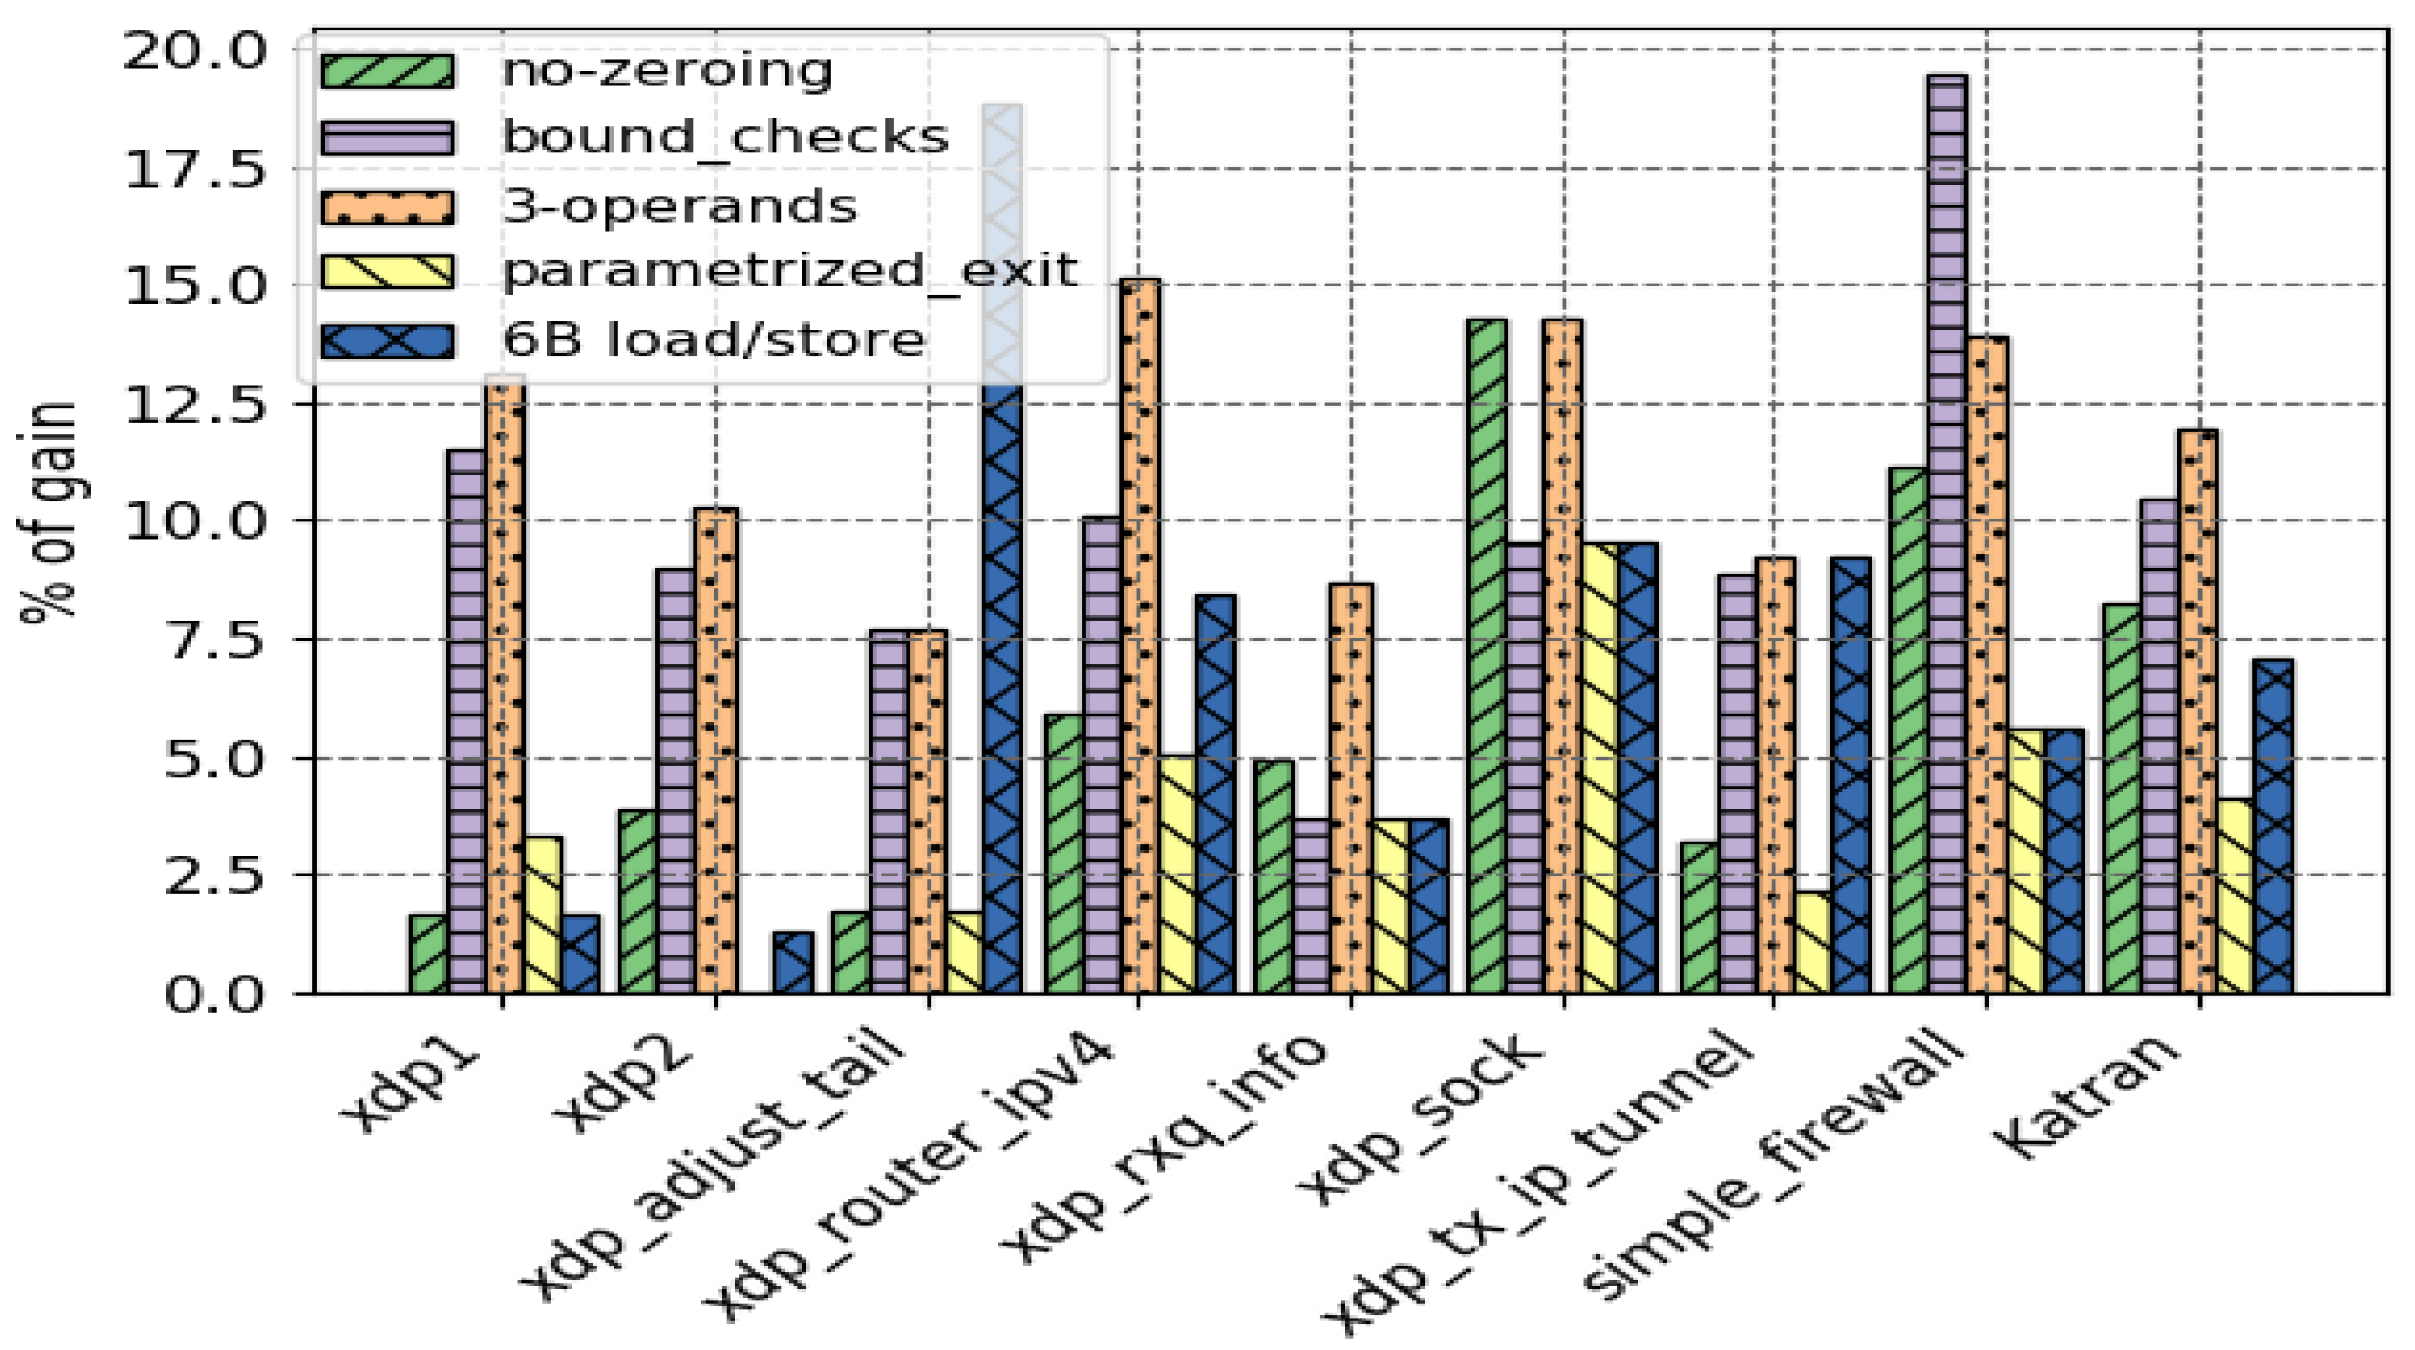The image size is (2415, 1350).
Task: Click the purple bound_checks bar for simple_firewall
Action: coord(1947,534)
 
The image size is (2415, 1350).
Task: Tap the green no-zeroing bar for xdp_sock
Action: coord(1488,656)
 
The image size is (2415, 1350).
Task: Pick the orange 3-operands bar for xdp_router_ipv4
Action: coord(1139,637)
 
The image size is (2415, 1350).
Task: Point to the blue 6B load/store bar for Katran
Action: coord(2273,825)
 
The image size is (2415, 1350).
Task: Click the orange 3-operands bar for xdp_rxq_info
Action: coord(1351,788)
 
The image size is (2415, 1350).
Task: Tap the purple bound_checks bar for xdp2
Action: coord(675,780)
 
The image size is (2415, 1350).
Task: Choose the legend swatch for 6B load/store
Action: coord(387,340)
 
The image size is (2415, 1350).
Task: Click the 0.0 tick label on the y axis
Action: coord(216,996)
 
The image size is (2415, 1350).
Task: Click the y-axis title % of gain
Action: coord(47,511)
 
